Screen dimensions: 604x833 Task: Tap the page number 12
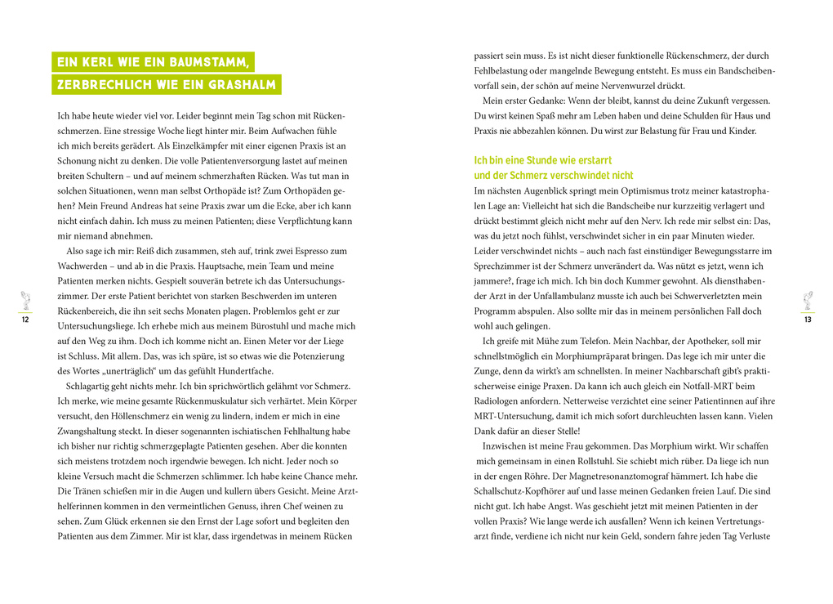tap(25, 320)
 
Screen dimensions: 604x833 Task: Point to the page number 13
tap(807, 320)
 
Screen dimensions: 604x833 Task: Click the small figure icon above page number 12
tap(25, 300)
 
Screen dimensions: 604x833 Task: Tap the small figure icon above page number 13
tap(807, 300)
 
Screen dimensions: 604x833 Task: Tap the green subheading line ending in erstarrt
tap(543, 161)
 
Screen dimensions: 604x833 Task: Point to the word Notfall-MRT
tap(679, 386)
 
